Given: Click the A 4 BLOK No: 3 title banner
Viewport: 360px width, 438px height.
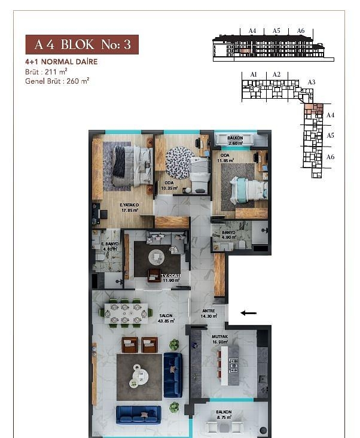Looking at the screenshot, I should click(x=82, y=45).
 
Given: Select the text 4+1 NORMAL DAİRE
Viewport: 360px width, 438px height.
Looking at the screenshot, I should click(x=62, y=62).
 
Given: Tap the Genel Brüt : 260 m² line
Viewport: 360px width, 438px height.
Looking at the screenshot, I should click(x=57, y=80).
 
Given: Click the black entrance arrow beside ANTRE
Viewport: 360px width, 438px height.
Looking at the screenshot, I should click(x=248, y=312).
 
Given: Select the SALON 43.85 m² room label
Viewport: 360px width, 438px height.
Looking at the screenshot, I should click(x=166, y=318).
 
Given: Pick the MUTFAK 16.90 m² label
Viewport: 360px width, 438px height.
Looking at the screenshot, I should click(x=220, y=339).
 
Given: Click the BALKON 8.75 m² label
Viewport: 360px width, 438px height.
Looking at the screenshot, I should click(x=224, y=415).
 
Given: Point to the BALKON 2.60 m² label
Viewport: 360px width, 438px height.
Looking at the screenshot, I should click(x=235, y=141).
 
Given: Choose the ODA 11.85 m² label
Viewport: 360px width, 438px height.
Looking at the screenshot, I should click(x=225, y=157).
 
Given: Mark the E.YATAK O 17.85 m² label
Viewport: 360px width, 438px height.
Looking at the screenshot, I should click(x=129, y=207).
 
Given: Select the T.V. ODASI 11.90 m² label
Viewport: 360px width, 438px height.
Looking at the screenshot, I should click(x=170, y=277).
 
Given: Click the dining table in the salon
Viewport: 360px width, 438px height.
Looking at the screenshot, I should click(x=126, y=312).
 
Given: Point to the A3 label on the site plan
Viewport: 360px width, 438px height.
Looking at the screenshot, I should click(x=311, y=82).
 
